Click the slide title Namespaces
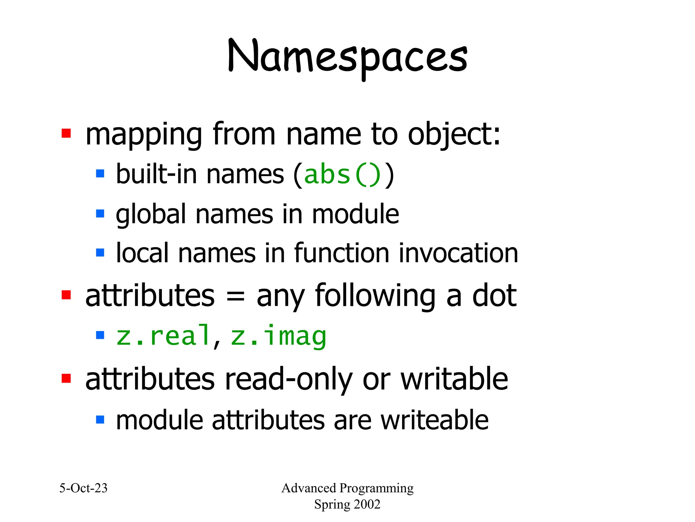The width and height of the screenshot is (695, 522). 347,56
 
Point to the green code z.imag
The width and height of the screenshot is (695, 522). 279,336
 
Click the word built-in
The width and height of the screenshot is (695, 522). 156,174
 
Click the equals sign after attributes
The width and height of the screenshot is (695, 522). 235,296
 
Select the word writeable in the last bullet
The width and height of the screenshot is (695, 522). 434,420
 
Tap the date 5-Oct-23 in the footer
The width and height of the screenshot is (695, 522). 83,488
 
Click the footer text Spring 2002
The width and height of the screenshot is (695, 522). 347,504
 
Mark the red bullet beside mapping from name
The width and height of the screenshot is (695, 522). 66,134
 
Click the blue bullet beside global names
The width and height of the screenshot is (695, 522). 100,214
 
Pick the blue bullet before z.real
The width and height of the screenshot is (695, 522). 100,335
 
